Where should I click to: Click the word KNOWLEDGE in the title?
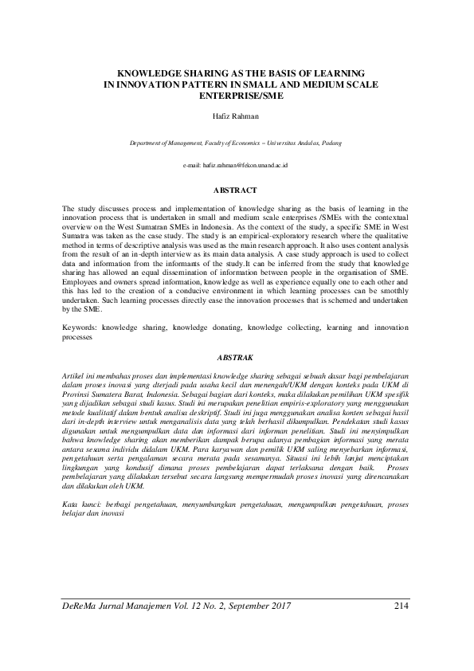pyautogui.click(x=149, y=72)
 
